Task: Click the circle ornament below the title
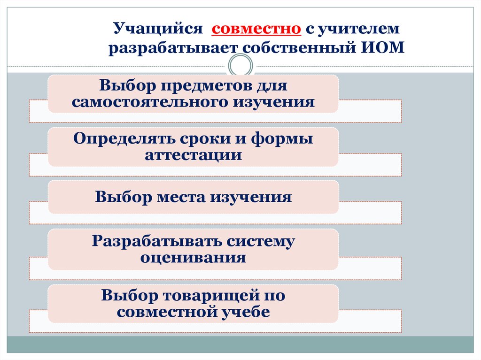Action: (x=240, y=65)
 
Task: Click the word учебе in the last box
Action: (x=247, y=312)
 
